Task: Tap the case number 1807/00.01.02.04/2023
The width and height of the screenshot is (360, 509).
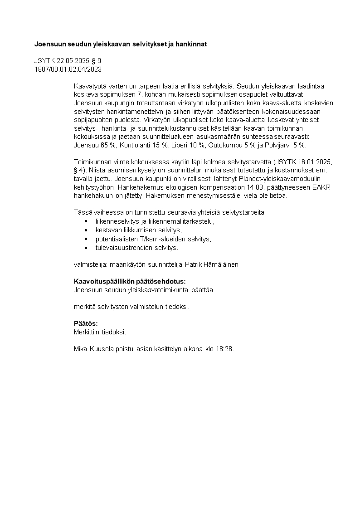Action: (x=68, y=69)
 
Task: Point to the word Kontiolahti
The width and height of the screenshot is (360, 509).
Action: (x=135, y=145)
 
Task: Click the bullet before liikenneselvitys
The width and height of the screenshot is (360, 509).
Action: (x=86, y=221)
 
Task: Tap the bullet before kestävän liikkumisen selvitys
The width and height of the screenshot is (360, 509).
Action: (x=86, y=230)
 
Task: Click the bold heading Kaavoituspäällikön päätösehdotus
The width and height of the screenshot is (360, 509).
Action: (x=130, y=281)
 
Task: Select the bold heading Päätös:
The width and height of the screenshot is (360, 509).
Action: (x=86, y=323)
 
